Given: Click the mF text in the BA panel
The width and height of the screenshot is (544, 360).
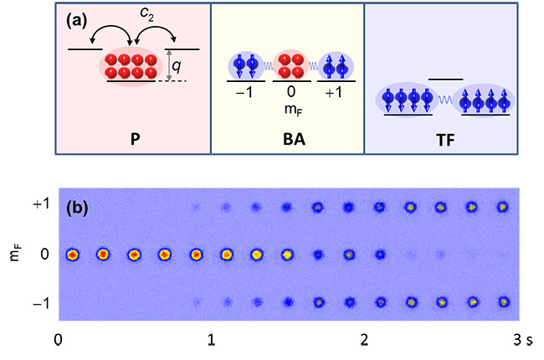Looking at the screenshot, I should (290, 108).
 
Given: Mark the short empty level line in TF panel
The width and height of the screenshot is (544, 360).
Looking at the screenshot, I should (444, 80).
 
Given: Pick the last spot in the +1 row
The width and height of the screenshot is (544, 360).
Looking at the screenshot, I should (502, 206).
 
